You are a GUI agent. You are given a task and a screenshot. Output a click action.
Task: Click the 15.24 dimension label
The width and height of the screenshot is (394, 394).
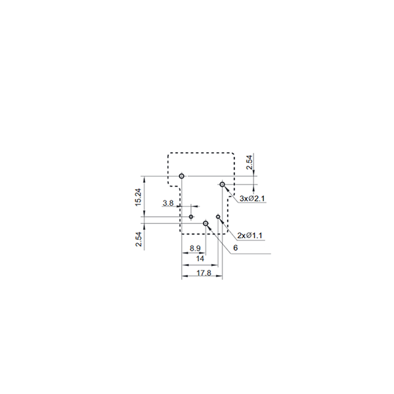(x=139, y=197)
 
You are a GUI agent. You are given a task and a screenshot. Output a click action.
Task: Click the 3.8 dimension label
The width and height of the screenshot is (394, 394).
(x=168, y=203)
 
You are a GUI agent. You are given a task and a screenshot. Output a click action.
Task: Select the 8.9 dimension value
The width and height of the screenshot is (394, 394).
(x=195, y=248)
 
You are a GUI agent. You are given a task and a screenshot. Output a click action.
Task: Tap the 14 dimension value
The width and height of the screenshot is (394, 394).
(x=200, y=259)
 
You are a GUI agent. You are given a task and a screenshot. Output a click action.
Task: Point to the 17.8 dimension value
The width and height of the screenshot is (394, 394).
(x=204, y=273)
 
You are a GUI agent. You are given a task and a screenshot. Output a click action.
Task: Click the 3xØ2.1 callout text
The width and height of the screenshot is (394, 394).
(x=252, y=198)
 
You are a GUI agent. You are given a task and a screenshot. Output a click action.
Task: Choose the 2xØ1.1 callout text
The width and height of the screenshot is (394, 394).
(x=250, y=236)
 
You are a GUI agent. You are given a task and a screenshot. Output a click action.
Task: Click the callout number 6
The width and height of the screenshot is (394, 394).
(x=236, y=248)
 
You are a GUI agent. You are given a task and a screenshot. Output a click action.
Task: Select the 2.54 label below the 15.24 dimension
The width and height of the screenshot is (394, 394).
(x=139, y=239)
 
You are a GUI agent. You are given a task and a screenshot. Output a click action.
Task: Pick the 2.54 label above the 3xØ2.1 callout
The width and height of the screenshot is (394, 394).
(x=249, y=163)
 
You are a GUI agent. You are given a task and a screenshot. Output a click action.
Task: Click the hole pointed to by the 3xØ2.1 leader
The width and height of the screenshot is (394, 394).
(x=222, y=185)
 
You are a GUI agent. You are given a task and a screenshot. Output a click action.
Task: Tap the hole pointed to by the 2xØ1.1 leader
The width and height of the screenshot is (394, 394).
(x=218, y=217)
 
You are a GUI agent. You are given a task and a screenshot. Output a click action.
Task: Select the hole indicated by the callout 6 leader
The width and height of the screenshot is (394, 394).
(x=206, y=223)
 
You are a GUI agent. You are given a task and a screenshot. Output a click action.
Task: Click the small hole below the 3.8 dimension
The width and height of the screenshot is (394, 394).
(x=191, y=217)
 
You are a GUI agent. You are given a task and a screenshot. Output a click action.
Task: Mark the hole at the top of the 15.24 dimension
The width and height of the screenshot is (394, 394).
(x=181, y=176)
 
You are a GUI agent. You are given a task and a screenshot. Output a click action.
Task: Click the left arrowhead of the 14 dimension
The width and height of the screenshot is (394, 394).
(x=185, y=265)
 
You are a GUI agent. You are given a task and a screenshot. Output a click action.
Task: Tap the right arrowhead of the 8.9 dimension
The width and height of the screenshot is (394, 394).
(x=203, y=253)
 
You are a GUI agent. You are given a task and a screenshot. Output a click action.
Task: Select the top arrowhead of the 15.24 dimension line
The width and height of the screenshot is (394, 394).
(x=144, y=179)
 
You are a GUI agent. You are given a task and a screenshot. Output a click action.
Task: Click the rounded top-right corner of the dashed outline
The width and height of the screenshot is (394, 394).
(x=233, y=154)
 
